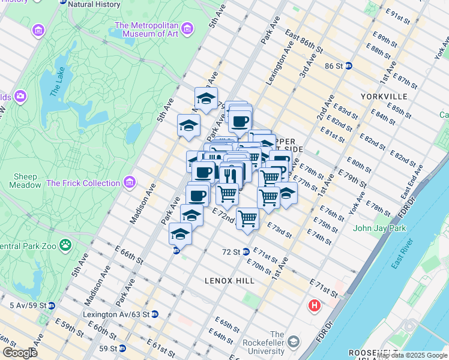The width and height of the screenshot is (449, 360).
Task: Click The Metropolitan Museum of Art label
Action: coord(146,30)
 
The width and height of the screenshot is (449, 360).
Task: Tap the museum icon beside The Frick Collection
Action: coord(129,182)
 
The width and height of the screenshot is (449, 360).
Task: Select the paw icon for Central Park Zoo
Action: coord(65,245)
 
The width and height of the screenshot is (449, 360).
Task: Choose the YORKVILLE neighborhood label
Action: coord(384,97)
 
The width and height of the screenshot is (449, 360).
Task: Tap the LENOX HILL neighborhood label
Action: coord(229,280)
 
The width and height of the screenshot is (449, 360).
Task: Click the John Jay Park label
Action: coord(379,228)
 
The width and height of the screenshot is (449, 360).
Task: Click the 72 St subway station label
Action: coord(231,252)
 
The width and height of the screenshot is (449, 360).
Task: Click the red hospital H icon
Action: coord(314,307)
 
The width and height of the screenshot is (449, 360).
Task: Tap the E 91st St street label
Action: coord(398,16)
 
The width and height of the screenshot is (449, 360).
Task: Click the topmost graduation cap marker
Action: coord(206,98)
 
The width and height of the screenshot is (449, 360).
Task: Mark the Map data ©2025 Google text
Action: coord(412,355)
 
